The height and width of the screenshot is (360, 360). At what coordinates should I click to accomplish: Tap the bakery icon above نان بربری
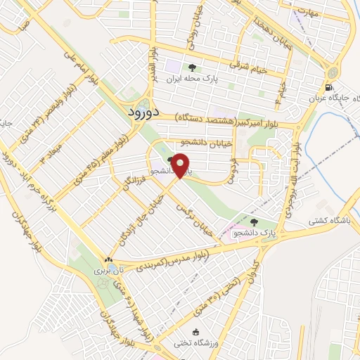[x=108, y=259]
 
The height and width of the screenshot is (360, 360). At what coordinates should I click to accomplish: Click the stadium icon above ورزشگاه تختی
[x=197, y=332]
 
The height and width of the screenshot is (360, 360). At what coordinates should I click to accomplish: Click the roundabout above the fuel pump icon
[x=331, y=71]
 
